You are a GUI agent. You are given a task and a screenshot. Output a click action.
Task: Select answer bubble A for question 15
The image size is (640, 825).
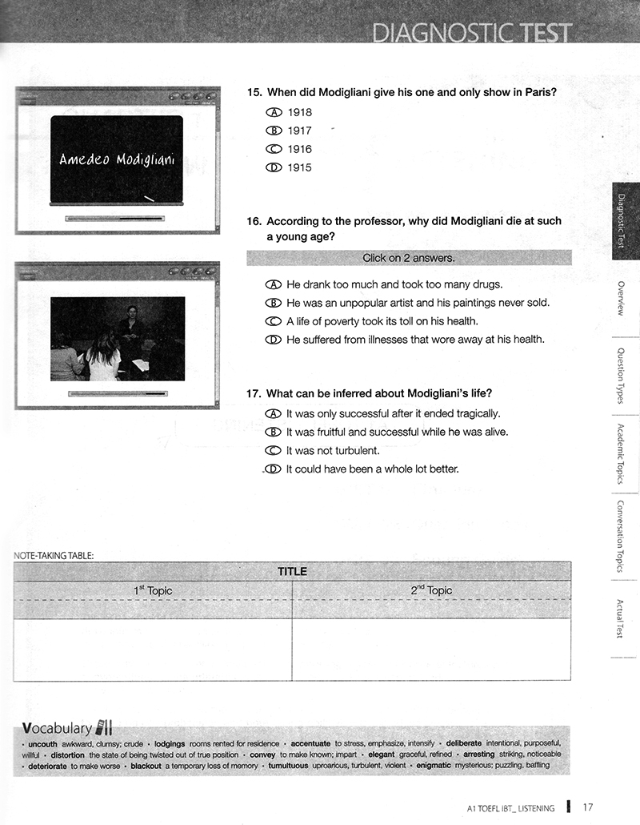[274, 113]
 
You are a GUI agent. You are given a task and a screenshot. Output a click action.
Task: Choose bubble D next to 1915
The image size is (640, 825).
[274, 167]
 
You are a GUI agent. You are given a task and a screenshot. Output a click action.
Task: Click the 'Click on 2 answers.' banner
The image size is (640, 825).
[409, 258]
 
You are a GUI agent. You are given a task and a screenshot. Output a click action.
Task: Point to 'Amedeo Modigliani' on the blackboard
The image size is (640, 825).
[117, 158]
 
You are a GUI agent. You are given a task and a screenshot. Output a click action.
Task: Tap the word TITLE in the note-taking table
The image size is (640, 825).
[292, 571]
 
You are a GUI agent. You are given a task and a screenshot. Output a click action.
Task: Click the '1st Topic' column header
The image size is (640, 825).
[152, 591]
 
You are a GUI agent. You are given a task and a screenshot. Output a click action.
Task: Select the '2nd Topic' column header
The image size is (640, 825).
[431, 591]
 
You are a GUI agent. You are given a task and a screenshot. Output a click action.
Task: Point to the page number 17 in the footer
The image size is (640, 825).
[588, 807]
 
